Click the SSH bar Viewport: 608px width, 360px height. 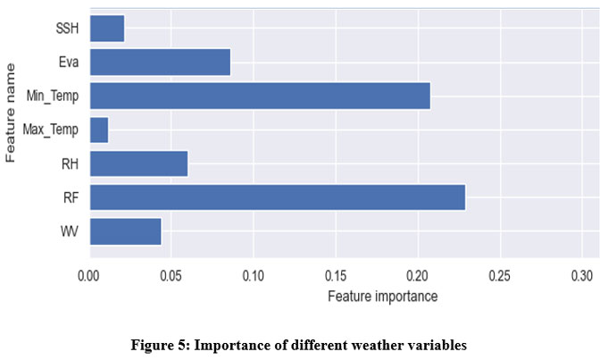tap(106, 29)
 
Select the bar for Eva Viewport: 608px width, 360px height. tap(160, 63)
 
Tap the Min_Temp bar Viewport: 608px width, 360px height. tap(259, 96)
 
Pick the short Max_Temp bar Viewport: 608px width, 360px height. tap(98, 130)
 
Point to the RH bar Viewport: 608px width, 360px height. tap(138, 163)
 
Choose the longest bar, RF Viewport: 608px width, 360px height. tap(277, 197)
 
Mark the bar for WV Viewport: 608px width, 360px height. tap(125, 231)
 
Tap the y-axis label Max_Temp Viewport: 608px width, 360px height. tap(52, 130)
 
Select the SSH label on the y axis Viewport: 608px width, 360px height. tap(67, 29)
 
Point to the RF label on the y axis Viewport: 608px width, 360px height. tap(71, 197)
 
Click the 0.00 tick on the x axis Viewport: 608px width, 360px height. tap(89, 276)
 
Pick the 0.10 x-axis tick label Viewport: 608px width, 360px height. tap(253, 276)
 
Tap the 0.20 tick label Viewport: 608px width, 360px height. tap(418, 276)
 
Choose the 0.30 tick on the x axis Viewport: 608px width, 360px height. tap(582, 276)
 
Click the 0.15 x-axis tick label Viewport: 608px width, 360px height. tap(336, 276)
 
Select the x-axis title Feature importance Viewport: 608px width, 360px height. tap(382, 297)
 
